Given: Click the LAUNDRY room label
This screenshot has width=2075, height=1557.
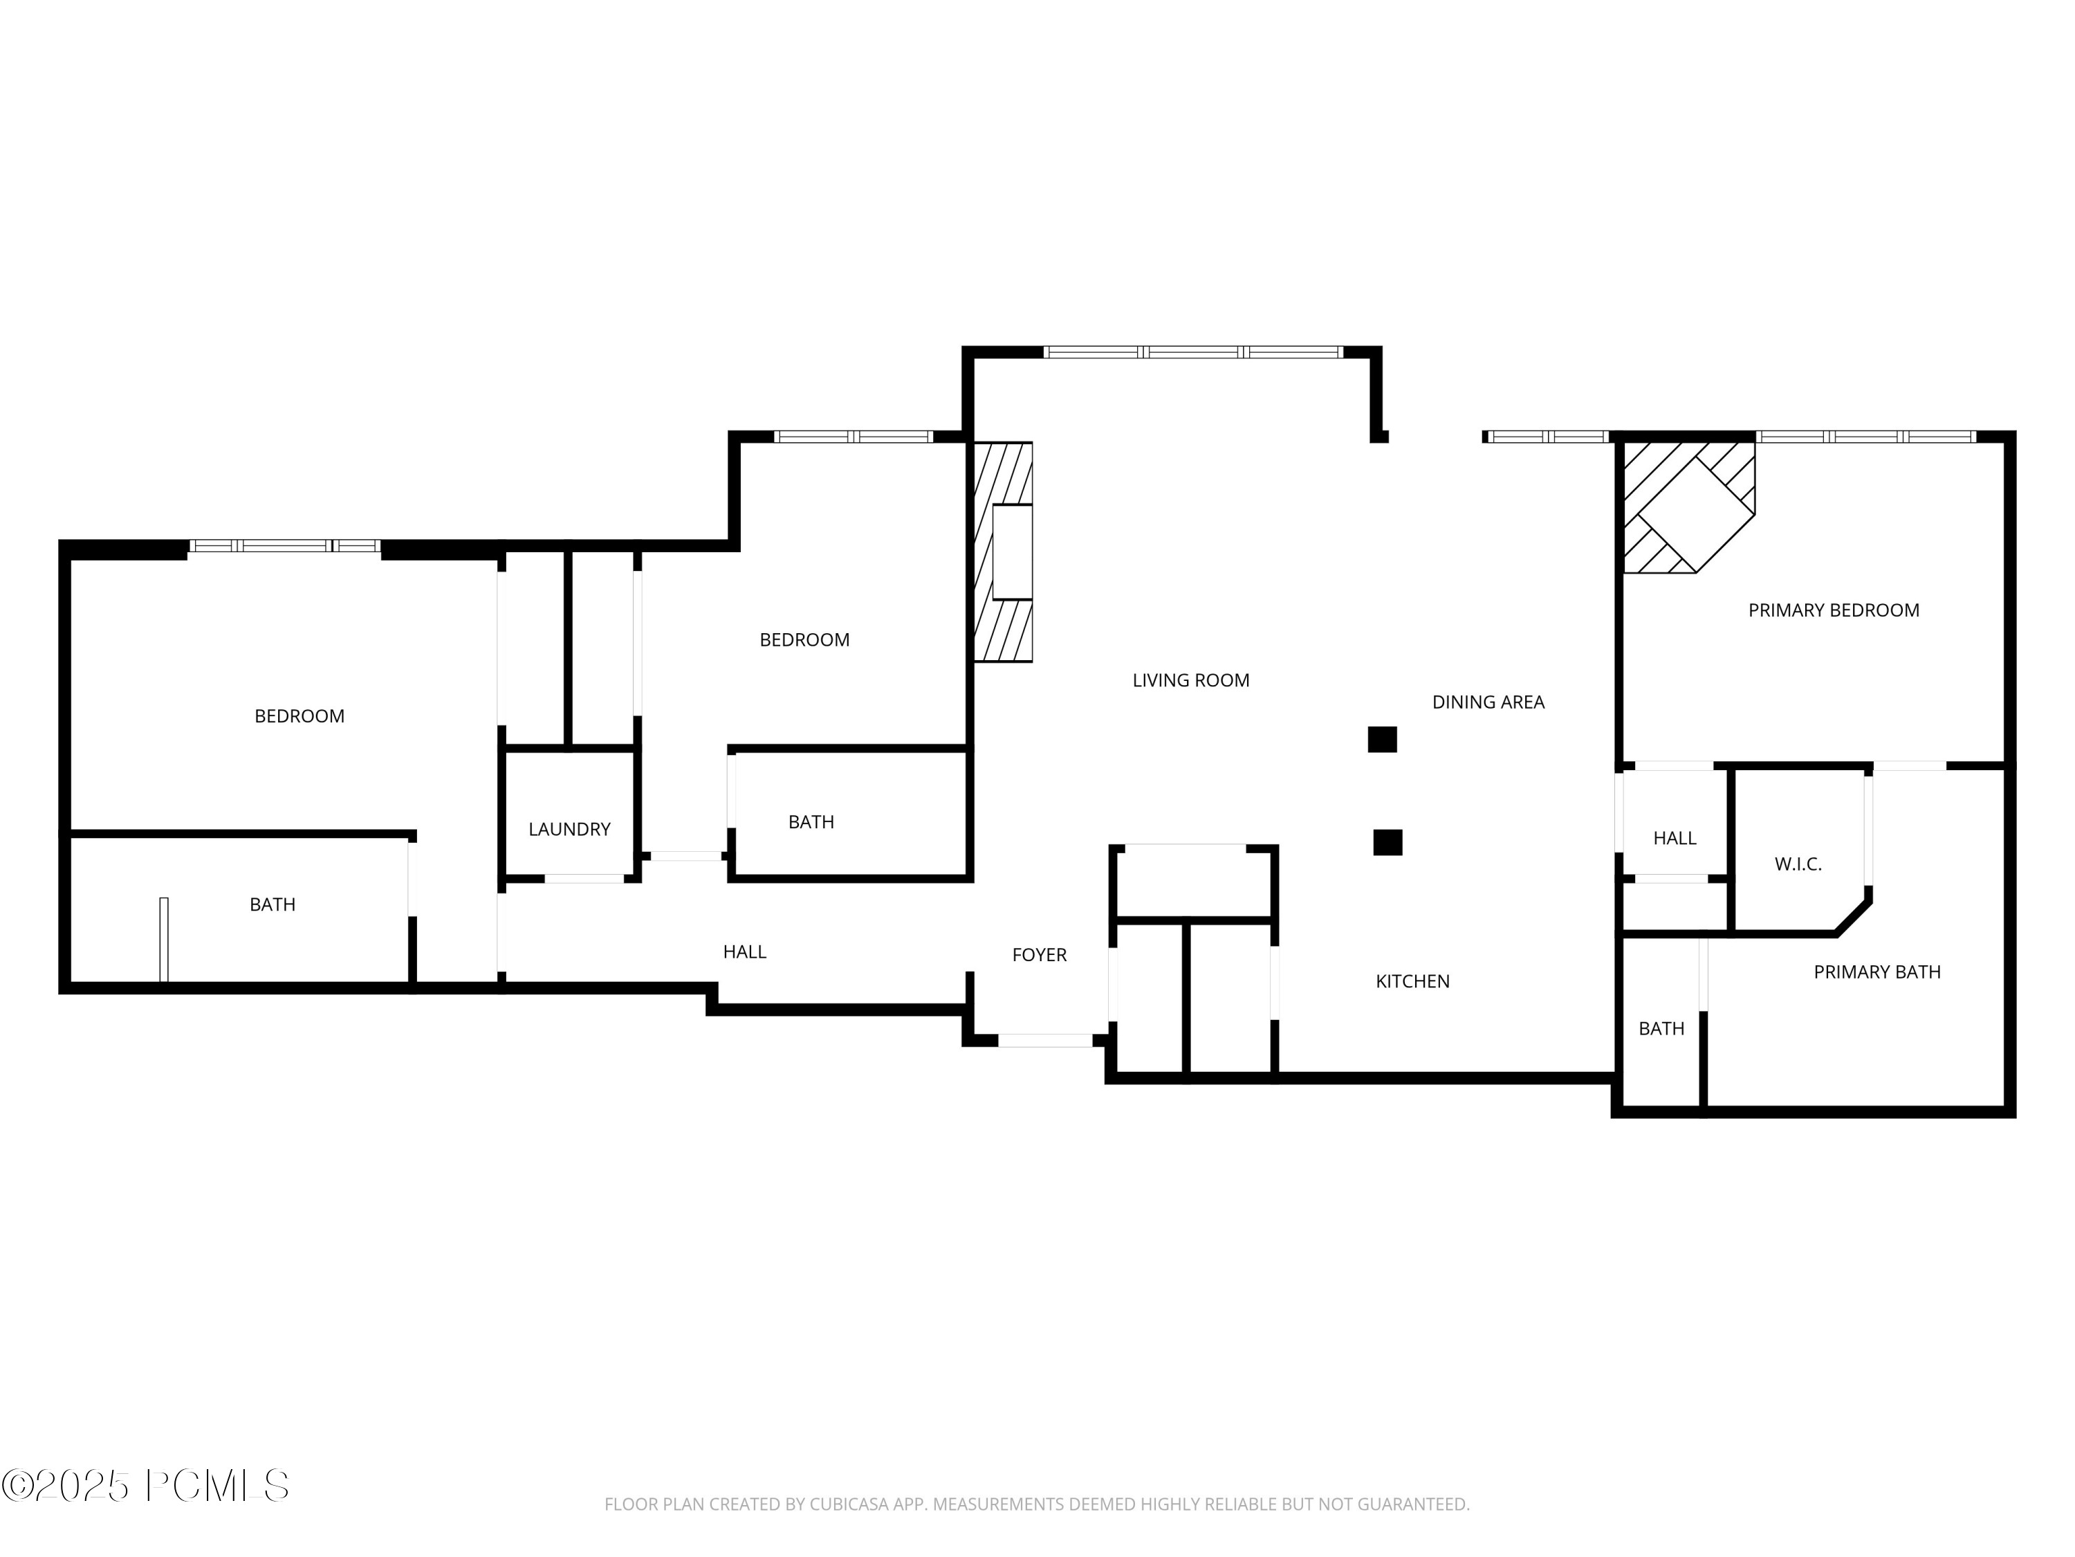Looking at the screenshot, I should [x=569, y=829].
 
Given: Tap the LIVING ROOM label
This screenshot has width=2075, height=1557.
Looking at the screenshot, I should [x=1190, y=680].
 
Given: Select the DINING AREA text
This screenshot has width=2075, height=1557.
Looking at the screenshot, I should [x=1488, y=702].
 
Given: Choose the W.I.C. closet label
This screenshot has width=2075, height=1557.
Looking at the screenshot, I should [x=1798, y=864].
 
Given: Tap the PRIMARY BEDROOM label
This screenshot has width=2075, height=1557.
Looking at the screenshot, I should [x=1833, y=610].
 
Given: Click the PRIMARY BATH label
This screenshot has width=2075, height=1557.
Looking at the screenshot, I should [x=1876, y=972].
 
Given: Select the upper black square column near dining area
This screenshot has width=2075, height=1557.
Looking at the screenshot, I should [x=1382, y=740].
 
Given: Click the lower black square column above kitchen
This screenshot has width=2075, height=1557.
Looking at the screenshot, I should [x=1387, y=842].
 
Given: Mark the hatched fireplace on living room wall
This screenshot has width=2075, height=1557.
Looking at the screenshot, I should [x=1003, y=552].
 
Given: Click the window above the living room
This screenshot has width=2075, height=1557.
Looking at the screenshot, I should [x=1192, y=352].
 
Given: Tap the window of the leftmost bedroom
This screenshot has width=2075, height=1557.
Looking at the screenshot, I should [x=284, y=545].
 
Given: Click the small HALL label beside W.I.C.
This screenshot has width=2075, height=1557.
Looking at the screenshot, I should [x=1674, y=838].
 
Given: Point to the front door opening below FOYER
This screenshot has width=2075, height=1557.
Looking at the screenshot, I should [x=1044, y=1040].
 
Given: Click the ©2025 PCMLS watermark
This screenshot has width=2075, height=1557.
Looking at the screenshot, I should [x=145, y=1485].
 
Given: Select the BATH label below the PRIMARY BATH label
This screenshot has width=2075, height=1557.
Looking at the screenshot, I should [x=1661, y=1028].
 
